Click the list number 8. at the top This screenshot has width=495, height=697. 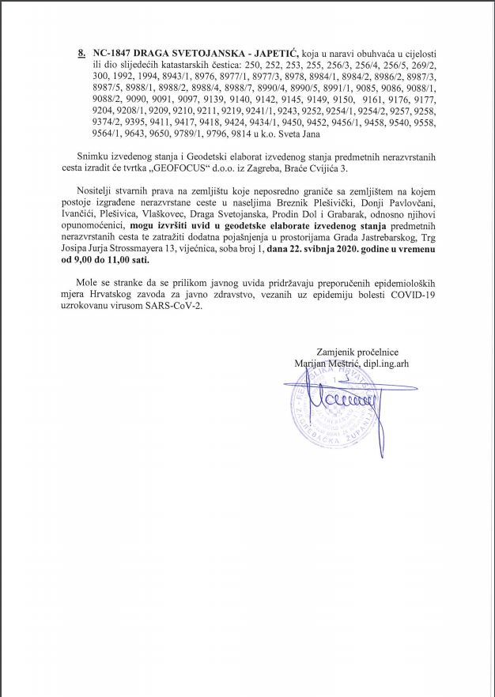[x=81, y=51]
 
